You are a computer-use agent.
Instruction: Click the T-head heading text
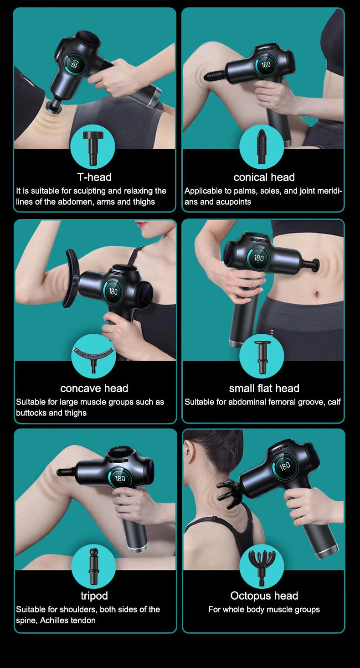click(x=94, y=177)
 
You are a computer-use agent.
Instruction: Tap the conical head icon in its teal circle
click(x=262, y=146)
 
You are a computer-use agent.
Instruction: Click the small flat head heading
click(x=264, y=388)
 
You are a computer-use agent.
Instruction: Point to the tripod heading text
click(x=94, y=596)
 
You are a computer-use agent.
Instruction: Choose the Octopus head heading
click(x=264, y=596)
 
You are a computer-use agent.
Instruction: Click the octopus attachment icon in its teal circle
click(x=262, y=565)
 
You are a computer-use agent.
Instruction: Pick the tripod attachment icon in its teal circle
click(x=93, y=565)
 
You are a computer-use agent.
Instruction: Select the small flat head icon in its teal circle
click(x=262, y=356)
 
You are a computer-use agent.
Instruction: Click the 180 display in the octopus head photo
click(x=285, y=466)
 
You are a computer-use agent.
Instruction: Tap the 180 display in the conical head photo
click(x=266, y=64)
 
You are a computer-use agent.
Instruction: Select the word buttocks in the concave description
click(x=31, y=413)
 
